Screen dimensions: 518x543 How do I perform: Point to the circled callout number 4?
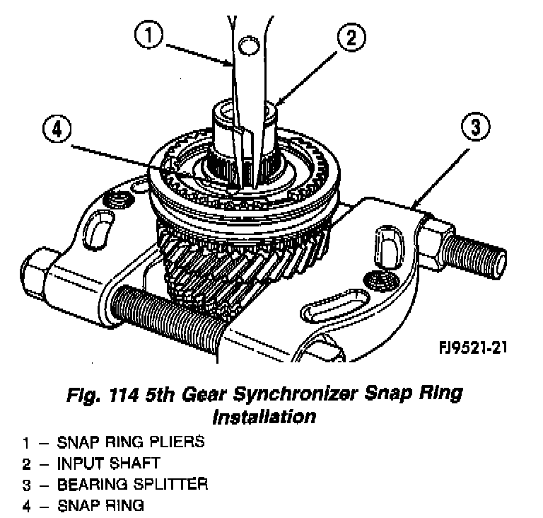pos(57,130)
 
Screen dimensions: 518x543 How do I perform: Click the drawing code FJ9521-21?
pos(473,347)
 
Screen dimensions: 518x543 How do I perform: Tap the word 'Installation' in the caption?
pos(264,416)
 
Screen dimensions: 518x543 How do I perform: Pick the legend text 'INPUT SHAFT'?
pos(108,464)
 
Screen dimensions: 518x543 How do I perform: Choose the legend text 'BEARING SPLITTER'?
pos(132,485)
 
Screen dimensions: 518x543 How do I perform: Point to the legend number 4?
pos(25,506)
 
